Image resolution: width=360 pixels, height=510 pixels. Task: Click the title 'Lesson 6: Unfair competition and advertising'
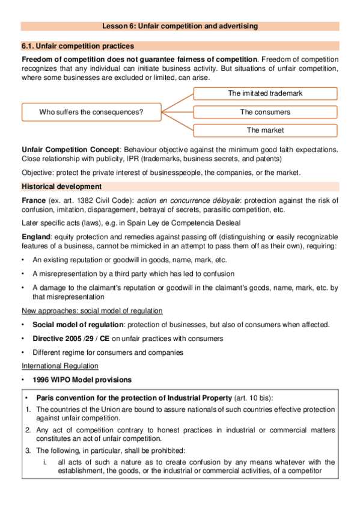coord(180,26)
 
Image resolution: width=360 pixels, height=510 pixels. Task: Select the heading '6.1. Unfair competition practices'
coord(78,46)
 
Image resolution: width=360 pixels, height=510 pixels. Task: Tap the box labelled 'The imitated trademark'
coord(265,93)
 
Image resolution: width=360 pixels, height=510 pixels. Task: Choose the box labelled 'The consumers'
coord(265,112)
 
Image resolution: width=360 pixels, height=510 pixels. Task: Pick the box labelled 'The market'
coord(265,130)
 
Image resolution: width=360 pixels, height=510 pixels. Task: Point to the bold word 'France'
coord(34,200)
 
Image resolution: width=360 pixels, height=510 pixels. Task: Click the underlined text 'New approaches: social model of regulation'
coord(92,310)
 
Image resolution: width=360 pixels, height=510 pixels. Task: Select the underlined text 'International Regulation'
coord(59,365)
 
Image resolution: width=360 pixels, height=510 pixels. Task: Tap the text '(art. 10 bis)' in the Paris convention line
coord(253,398)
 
